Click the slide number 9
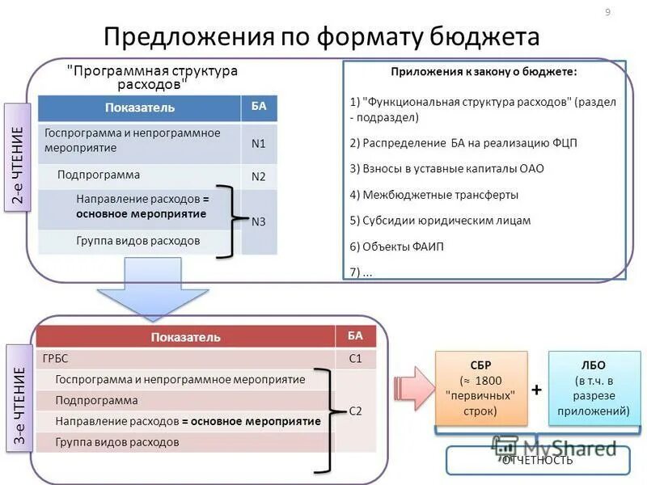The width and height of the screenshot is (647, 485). pos(607,11)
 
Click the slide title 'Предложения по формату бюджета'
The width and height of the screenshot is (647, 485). pos(321,37)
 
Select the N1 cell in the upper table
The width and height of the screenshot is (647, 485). pos(259,144)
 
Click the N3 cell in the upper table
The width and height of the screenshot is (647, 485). pos(259,221)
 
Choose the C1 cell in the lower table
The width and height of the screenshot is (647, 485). pos(355,358)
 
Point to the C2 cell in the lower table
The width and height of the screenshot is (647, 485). pos(355,411)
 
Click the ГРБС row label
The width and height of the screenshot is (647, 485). pos(44,358)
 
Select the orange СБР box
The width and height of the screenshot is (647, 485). pos(481,388)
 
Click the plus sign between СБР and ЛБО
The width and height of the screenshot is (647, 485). pos(537,390)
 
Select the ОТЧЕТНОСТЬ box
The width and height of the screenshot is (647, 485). pos(537,460)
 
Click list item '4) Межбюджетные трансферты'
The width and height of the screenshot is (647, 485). pos(434,195)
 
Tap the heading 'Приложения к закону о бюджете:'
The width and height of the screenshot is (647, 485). pos(484,72)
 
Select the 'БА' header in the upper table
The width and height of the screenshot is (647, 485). pos(259,107)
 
